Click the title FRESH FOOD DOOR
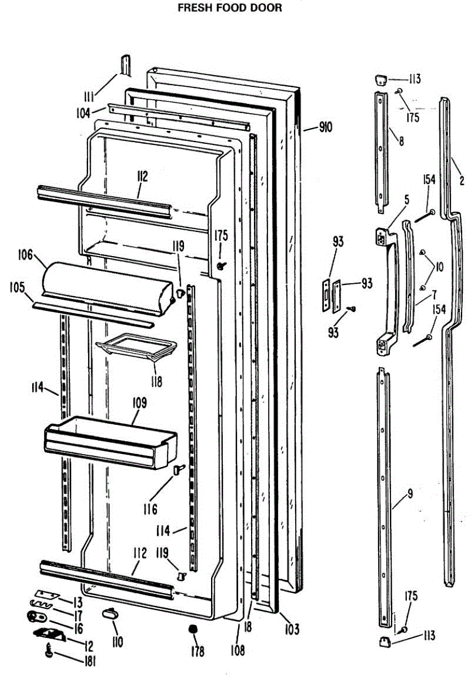pyautogui.click(x=230, y=8)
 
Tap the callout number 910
pyautogui.click(x=325, y=128)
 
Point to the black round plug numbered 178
pyautogui.click(x=194, y=629)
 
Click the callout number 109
pyautogui.click(x=139, y=403)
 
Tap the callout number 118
pyautogui.click(x=156, y=381)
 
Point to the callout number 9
pyautogui.click(x=410, y=493)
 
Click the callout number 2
pyautogui.click(x=462, y=181)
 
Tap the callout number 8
pyautogui.click(x=400, y=142)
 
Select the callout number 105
pyautogui.click(x=17, y=287)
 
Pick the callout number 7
pyautogui.click(x=435, y=294)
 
